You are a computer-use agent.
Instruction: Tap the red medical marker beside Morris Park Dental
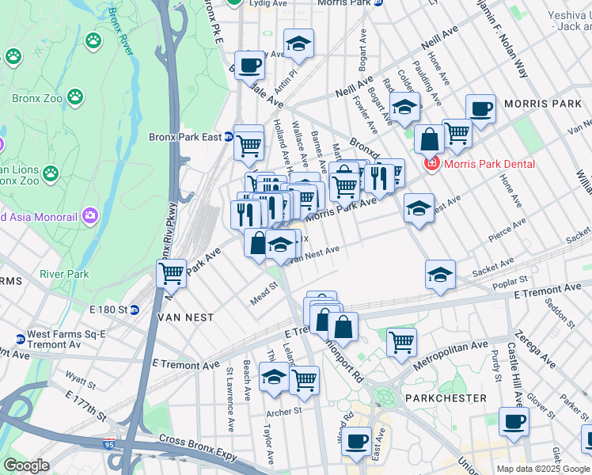pyautogui.click(x=431, y=164)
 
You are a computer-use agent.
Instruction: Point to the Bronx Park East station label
pyautogui.click(x=185, y=137)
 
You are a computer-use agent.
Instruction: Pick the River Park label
pyautogui.click(x=65, y=275)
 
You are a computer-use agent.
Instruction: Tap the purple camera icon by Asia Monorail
pyautogui.click(x=89, y=215)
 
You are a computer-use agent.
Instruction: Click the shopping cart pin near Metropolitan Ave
pyautogui.click(x=401, y=342)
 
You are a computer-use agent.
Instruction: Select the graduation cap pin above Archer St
pyautogui.click(x=274, y=378)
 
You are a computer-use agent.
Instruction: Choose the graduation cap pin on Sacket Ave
pyautogui.click(x=440, y=274)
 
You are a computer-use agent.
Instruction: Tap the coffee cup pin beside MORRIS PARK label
pyautogui.click(x=480, y=108)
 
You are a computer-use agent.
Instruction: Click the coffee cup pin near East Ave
pyautogui.click(x=357, y=440)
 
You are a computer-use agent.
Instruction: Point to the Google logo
pyautogui.click(x=26, y=465)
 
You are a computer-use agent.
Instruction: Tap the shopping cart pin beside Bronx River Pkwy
pyautogui.click(x=171, y=273)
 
